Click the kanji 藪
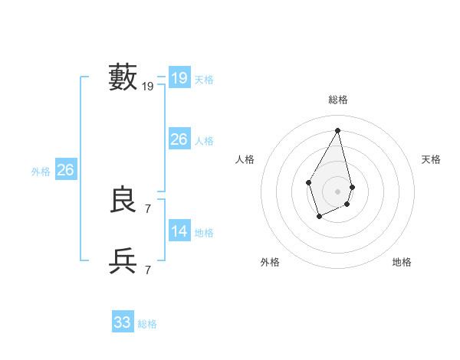[x=123, y=77]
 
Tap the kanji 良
[x=123, y=200]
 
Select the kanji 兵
[x=123, y=261]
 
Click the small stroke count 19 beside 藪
[x=148, y=87]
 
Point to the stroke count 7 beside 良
[x=148, y=208]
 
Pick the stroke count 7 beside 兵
[x=148, y=270]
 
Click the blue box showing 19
[x=179, y=78]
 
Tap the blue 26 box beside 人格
[x=179, y=139]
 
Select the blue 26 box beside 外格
[x=65, y=170]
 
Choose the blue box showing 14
[x=179, y=231]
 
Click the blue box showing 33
[x=122, y=322]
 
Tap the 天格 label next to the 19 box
[x=204, y=80]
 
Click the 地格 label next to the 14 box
[x=204, y=233]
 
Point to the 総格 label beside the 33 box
[x=147, y=324]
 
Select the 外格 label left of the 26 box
[x=41, y=172]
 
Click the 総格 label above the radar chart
[x=338, y=100]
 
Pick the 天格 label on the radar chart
[x=431, y=159]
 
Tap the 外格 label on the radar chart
[x=270, y=262]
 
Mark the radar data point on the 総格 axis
[x=338, y=130]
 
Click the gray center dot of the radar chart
[x=338, y=191]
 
